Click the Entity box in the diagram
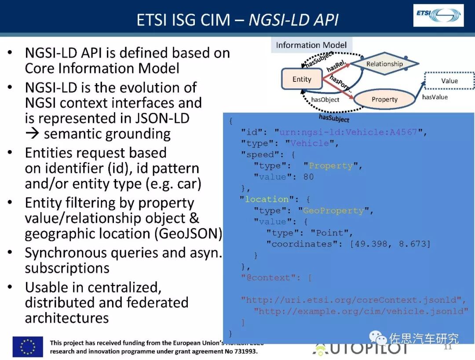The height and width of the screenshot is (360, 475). click(302, 79)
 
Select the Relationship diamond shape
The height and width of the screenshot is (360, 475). click(384, 64)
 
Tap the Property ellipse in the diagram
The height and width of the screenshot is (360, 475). click(384, 99)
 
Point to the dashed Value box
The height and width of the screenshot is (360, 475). click(449, 81)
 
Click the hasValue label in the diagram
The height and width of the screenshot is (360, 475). click(435, 97)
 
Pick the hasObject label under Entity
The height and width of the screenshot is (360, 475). click(325, 99)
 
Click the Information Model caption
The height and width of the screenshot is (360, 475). click(311, 45)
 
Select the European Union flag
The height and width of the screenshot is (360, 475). click(28, 346)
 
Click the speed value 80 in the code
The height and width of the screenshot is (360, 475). click(308, 177)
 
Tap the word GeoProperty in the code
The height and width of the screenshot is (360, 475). click(333, 211)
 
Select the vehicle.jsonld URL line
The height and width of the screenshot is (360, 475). click(361, 311)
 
